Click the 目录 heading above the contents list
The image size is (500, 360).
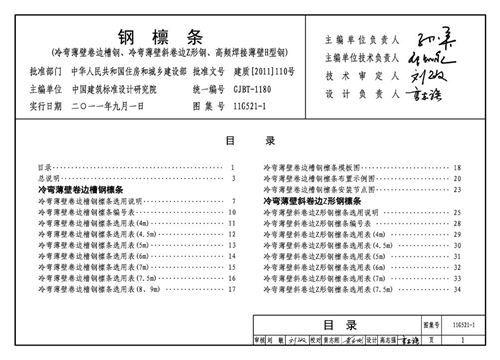tap(250, 141)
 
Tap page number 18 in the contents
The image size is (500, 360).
tap(457, 167)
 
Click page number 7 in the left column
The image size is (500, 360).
tap(232, 200)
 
